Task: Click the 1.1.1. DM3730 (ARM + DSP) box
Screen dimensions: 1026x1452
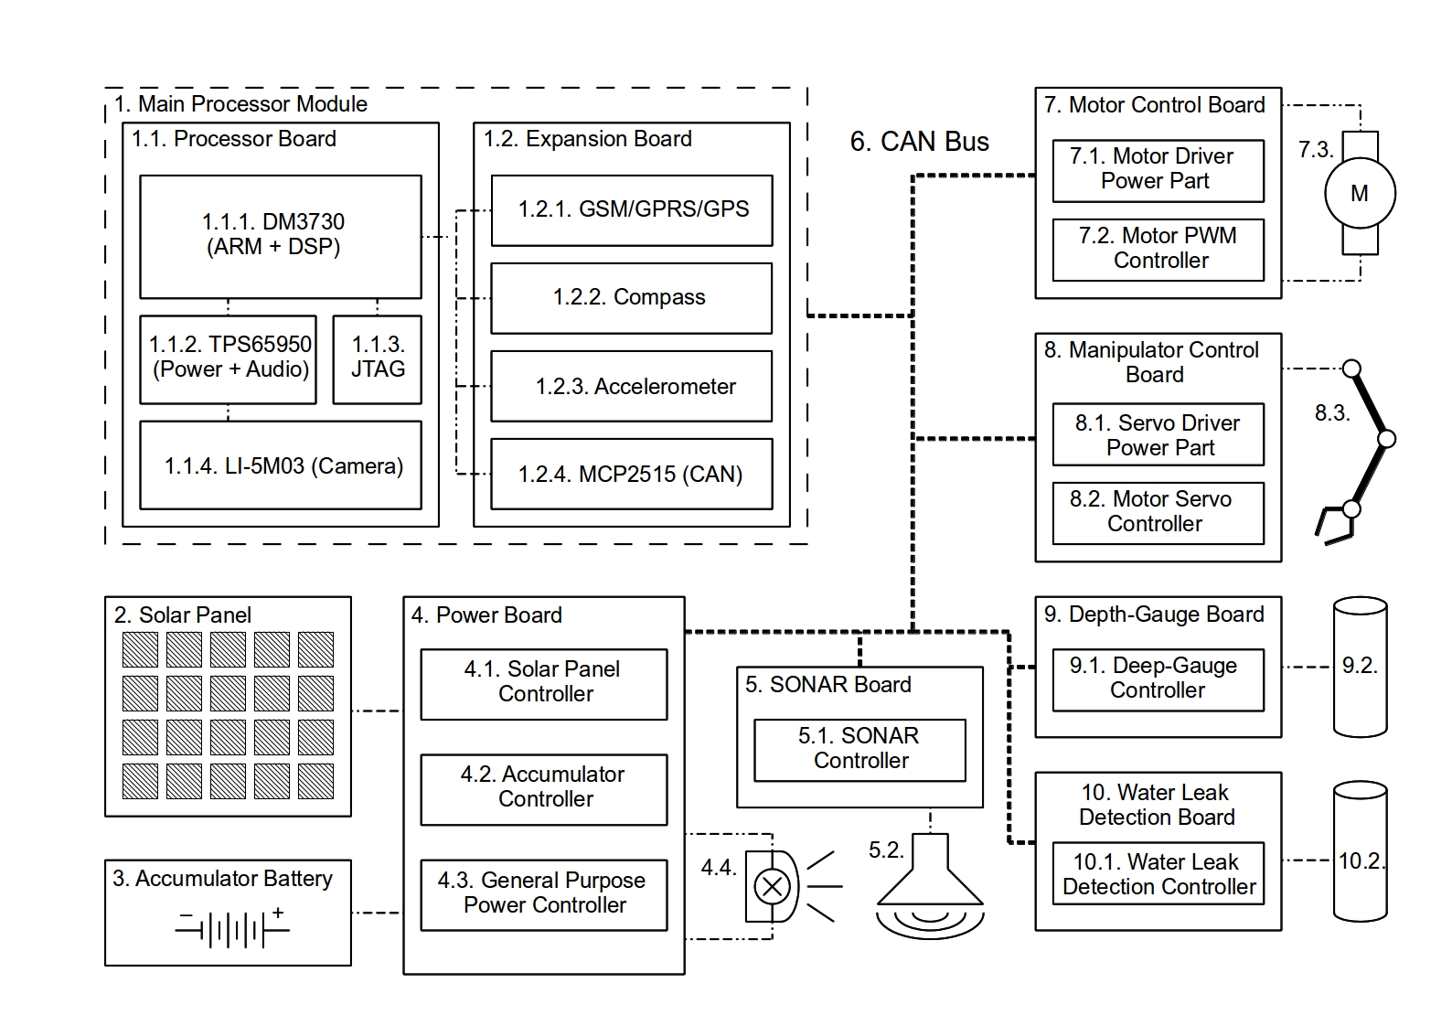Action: coord(280,236)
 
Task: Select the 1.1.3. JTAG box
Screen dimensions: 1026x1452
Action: coord(377,358)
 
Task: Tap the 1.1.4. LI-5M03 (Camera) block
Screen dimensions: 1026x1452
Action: coord(280,465)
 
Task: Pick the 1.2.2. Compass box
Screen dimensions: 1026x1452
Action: coord(631,298)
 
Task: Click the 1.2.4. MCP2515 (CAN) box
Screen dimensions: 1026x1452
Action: coord(631,474)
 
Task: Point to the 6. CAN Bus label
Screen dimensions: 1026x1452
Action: coord(919,142)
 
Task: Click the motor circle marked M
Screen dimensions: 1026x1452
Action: coord(1360,193)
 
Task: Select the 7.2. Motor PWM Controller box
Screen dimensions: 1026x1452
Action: coord(1158,249)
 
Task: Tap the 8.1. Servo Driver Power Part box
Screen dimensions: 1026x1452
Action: coord(1158,434)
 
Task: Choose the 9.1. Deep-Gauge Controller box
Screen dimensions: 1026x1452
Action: coord(1158,679)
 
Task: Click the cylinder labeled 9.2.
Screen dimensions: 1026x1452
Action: coord(1360,667)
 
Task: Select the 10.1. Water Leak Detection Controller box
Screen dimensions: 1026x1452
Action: coord(1158,873)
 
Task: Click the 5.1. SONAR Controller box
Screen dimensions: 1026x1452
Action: coord(859,749)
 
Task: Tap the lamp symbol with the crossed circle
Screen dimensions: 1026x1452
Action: coord(773,885)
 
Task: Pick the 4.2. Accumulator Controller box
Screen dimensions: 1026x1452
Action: coord(544,788)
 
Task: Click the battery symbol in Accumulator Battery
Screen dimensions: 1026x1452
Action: coord(232,929)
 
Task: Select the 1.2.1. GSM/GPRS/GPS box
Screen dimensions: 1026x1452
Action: coord(631,210)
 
